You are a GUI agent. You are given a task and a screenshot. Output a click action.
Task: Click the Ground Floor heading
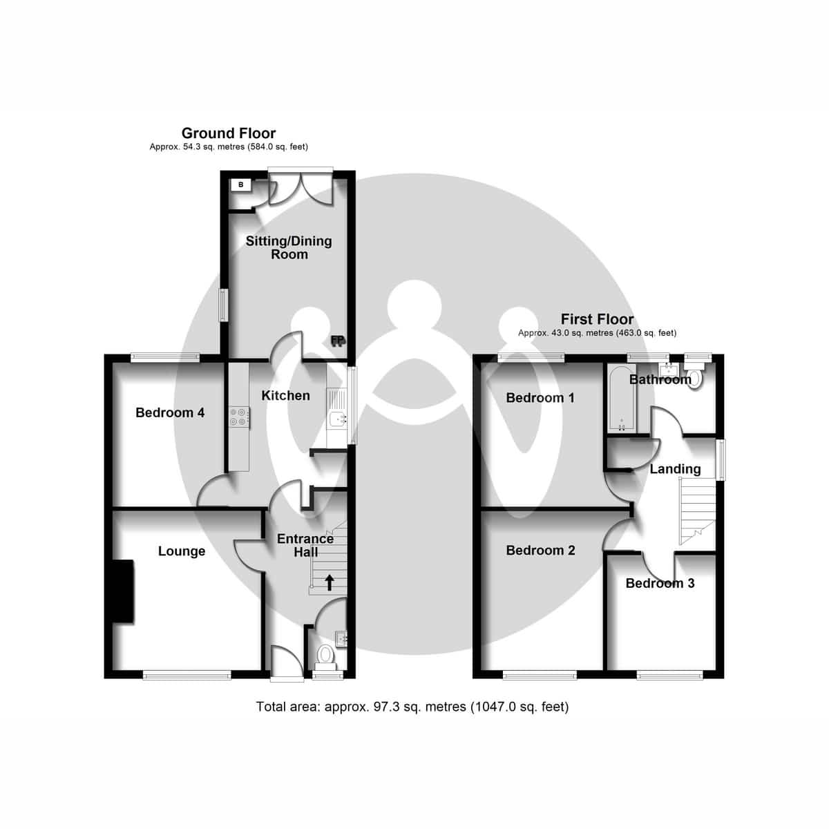[229, 133]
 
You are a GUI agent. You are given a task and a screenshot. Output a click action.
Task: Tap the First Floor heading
[597, 319]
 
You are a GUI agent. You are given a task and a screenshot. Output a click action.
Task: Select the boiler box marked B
[240, 185]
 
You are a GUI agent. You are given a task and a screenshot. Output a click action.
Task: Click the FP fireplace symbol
[338, 341]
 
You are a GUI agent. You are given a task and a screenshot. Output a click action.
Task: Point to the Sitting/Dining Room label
[289, 247]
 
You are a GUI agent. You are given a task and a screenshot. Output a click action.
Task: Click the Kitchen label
[285, 395]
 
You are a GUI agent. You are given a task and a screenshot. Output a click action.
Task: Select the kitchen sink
[338, 418]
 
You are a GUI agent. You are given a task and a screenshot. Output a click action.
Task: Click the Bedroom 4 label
[170, 412]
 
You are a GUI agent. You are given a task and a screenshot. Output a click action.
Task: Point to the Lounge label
[182, 551]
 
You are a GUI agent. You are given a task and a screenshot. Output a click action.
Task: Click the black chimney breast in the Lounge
[123, 591]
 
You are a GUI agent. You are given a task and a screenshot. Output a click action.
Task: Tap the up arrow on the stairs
[329, 582]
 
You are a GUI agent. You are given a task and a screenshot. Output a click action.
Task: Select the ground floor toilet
[325, 654]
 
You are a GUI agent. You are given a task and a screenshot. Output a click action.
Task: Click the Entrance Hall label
[305, 545]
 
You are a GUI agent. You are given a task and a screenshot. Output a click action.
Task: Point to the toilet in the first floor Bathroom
[695, 378]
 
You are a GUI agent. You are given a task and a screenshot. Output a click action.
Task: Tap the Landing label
[675, 469]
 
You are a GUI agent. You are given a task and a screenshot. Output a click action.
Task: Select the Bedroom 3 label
[660, 583]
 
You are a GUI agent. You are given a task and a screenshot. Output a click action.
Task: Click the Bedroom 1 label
[540, 397]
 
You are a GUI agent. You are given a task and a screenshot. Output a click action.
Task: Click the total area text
[412, 707]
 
